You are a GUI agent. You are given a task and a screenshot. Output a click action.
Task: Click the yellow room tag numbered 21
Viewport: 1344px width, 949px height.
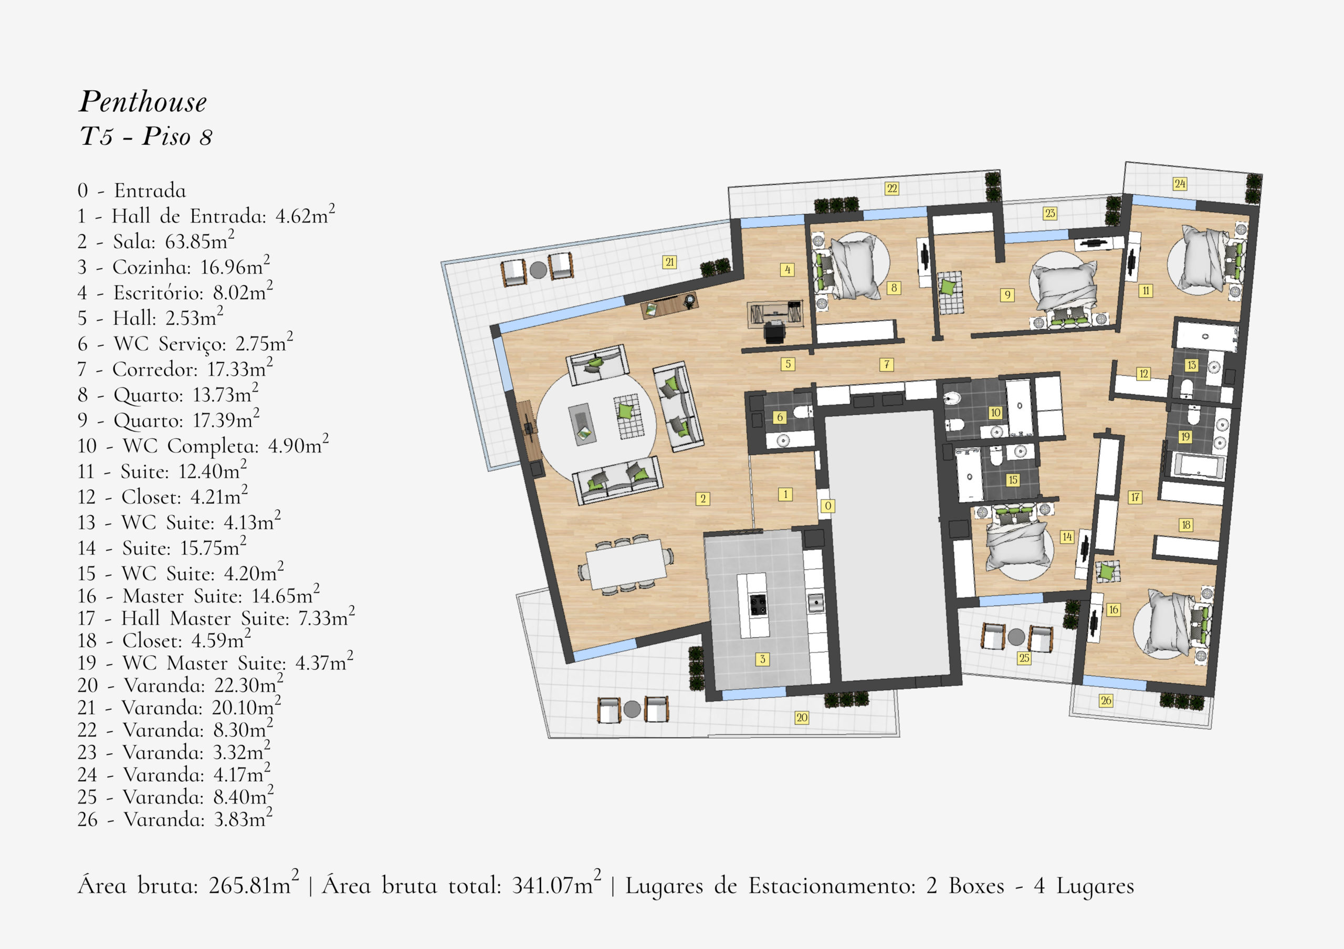670,262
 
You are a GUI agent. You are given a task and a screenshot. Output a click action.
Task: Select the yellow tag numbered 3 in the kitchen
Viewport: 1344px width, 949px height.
762,659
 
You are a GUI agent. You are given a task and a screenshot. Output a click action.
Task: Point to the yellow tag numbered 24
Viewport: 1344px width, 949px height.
1180,184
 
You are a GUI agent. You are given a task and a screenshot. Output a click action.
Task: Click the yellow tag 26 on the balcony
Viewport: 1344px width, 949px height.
1105,700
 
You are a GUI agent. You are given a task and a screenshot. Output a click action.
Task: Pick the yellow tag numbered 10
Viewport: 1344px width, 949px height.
995,413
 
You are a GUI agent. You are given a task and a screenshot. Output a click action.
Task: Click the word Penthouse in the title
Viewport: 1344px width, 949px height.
143,102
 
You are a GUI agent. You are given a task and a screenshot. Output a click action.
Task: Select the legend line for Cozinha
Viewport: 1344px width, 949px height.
174,266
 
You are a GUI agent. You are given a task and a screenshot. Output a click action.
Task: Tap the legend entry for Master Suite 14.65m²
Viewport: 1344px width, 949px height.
199,595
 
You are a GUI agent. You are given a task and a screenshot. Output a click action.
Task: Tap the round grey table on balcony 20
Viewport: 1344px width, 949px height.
632,709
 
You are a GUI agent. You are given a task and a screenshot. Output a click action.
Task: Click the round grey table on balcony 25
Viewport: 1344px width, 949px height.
1016,637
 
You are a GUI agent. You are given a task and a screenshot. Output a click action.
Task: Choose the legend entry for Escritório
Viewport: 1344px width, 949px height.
175,291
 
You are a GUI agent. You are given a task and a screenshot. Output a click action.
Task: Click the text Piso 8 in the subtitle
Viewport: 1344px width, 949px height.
177,137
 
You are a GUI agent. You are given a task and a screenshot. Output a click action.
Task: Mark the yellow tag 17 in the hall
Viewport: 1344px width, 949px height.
1135,497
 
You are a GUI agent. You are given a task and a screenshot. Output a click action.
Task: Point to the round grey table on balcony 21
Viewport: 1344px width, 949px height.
538,270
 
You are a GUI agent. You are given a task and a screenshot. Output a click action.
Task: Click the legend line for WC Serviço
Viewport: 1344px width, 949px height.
185,343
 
